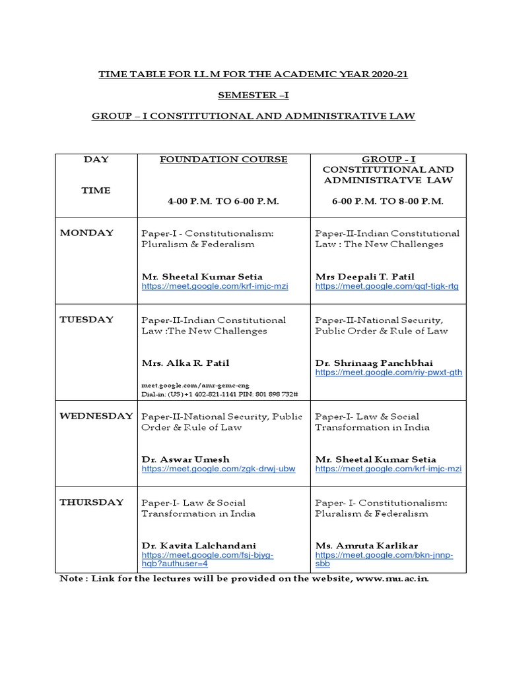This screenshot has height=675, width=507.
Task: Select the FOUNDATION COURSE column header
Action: [x=224, y=160]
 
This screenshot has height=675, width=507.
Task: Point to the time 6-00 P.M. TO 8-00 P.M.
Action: [x=388, y=201]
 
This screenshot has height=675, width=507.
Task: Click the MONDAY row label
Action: [x=86, y=233]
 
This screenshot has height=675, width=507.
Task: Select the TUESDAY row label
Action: [x=86, y=320]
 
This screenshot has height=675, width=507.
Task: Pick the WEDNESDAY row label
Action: [x=96, y=417]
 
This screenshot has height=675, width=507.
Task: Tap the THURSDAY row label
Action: [x=92, y=502]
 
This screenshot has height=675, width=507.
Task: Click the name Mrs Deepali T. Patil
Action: [x=364, y=277]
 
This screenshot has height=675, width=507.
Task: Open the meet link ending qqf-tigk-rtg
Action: [x=386, y=287]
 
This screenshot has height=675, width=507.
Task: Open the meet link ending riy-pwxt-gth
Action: [x=388, y=372]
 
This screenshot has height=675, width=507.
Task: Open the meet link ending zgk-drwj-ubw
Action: [x=218, y=469]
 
